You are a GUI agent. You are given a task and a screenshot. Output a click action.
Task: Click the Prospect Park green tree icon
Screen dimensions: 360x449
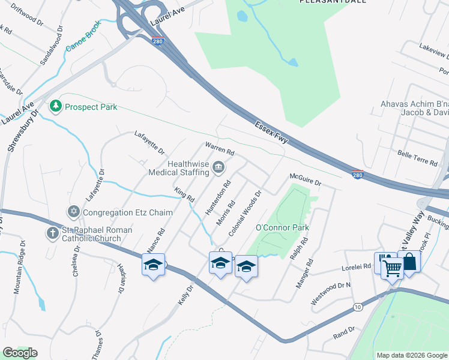(56, 106)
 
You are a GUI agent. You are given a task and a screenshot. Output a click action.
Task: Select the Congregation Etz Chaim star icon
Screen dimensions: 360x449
(74, 212)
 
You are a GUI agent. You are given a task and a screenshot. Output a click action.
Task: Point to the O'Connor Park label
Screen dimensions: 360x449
(282, 228)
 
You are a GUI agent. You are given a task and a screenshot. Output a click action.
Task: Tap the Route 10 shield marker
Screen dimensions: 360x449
(357, 307)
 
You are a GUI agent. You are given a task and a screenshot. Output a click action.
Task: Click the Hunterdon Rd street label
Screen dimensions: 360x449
(218, 197)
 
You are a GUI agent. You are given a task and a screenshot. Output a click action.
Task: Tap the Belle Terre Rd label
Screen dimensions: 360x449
(418, 157)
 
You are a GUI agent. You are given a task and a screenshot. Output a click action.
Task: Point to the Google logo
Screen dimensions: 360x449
(20, 353)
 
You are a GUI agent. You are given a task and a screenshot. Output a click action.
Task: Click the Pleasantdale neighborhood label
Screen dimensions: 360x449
(325, 2)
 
